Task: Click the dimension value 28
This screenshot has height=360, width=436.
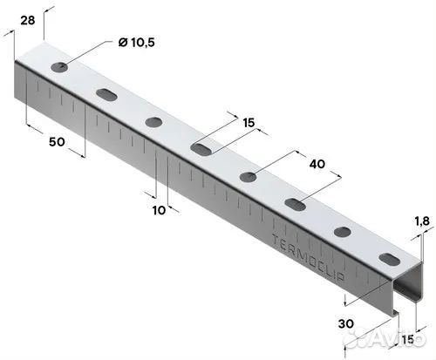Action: pyautogui.click(x=28, y=20)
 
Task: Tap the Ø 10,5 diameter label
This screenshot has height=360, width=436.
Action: pyautogui.click(x=137, y=43)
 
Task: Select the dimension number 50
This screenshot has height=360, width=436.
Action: pyautogui.click(x=57, y=142)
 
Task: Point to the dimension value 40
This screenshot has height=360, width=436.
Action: pyautogui.click(x=317, y=164)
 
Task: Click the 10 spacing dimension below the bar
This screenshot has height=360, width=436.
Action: pyautogui.click(x=160, y=210)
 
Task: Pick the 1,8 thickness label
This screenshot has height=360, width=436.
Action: pyautogui.click(x=422, y=221)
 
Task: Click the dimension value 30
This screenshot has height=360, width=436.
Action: pyautogui.click(x=346, y=323)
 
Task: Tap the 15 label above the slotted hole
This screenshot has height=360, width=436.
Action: pyautogui.click(x=249, y=123)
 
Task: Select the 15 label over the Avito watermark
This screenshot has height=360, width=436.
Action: pyautogui.click(x=408, y=339)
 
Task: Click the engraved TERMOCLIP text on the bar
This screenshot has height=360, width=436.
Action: pyautogui.click(x=309, y=257)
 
